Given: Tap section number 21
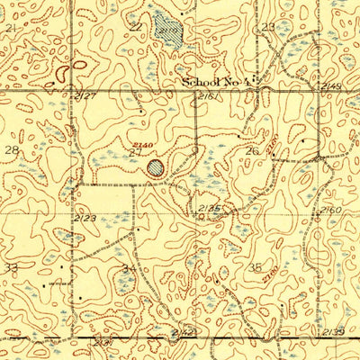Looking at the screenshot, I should point(11,29).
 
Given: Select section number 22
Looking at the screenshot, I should point(135,27).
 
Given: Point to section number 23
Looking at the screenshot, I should point(267,28).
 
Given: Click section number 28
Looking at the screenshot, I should point(12,149).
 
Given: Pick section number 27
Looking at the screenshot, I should point(135,153).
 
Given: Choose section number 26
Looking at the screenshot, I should point(253,151).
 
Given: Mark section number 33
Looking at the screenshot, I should point(11,267).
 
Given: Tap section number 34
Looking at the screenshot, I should point(130,268).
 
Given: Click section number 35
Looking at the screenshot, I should point(256,267).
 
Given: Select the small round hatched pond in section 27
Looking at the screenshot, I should point(157,166).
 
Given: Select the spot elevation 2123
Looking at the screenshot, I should point(85,217).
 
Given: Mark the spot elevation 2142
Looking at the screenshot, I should point(183,333).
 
